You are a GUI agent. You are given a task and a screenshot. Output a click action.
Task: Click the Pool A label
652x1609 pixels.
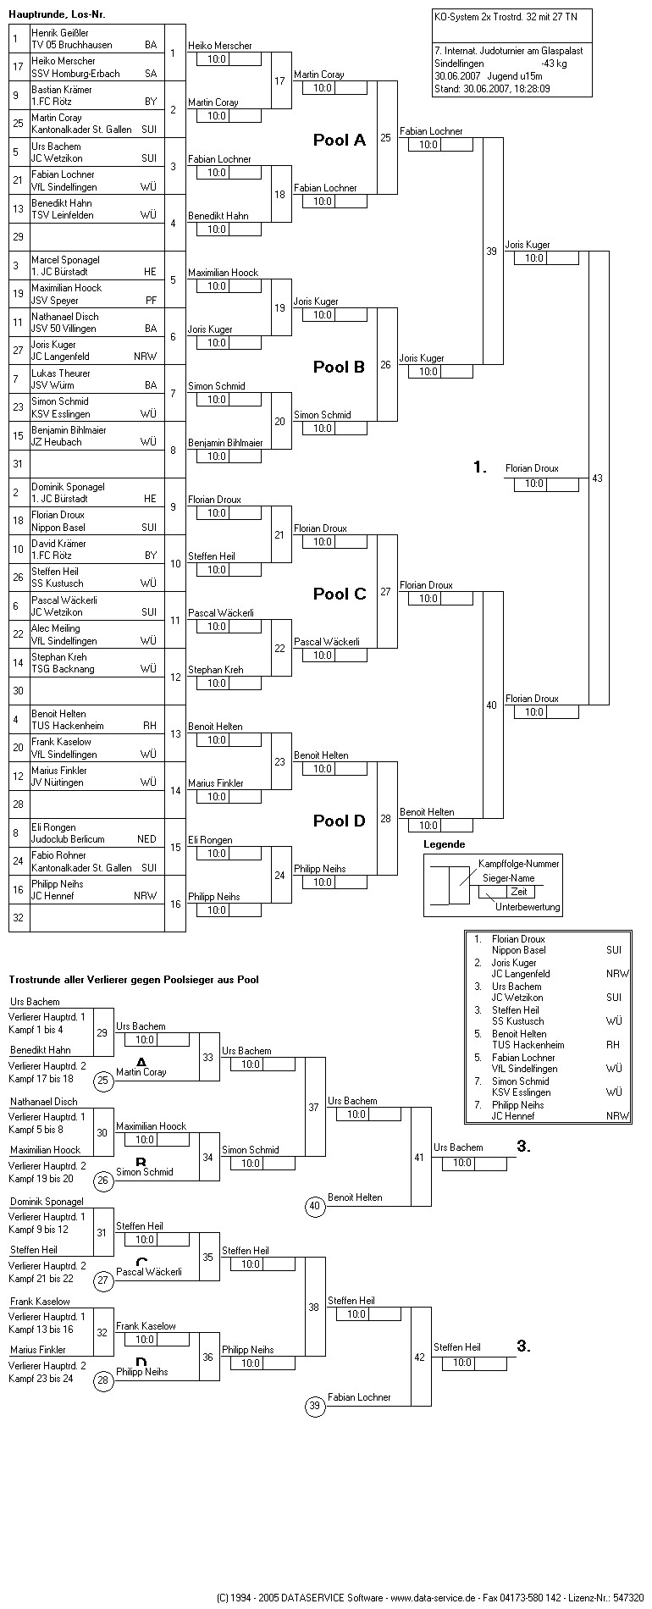(340, 140)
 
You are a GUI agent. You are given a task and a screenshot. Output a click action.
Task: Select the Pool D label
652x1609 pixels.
(340, 821)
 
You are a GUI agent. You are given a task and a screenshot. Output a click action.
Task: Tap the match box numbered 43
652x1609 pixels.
(598, 478)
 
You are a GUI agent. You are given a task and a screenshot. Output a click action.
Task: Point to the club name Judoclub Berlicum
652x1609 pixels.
(68, 839)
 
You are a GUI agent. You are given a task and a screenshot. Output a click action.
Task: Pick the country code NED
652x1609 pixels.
(146, 839)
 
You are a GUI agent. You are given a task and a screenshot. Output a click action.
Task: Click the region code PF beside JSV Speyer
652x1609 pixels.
(151, 301)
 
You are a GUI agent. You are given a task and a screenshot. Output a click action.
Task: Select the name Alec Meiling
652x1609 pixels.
(56, 628)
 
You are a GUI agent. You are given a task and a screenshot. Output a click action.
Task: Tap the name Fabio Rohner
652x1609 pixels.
(59, 855)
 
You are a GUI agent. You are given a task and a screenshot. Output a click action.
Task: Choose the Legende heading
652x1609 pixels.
(445, 844)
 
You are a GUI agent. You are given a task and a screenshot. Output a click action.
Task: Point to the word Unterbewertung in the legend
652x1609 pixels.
(528, 907)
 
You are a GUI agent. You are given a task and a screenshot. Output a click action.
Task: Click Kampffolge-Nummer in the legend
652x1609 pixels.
(519, 863)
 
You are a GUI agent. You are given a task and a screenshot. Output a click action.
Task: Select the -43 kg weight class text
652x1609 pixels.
(555, 64)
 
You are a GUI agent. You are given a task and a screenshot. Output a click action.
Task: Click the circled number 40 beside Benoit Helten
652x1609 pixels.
(315, 1206)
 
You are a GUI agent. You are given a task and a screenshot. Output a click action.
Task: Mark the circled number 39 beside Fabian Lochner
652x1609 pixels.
(315, 1407)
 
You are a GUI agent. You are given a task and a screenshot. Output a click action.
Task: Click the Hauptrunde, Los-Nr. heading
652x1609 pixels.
(58, 14)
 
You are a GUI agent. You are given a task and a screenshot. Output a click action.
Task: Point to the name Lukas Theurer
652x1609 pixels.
(61, 373)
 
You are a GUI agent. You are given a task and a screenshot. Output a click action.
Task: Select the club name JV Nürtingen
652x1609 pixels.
(60, 782)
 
